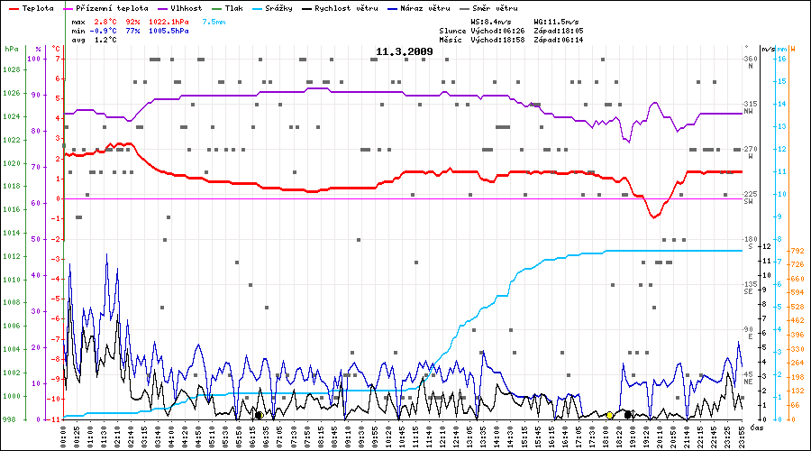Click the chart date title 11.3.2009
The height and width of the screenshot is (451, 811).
coord(405,52)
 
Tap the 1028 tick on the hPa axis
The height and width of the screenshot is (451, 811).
coord(11,69)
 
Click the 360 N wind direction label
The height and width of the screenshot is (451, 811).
coord(749,61)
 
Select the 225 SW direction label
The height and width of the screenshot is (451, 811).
coord(748,197)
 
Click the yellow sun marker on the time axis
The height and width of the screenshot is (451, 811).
coord(610,415)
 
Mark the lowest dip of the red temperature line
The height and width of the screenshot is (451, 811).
coord(654,217)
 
